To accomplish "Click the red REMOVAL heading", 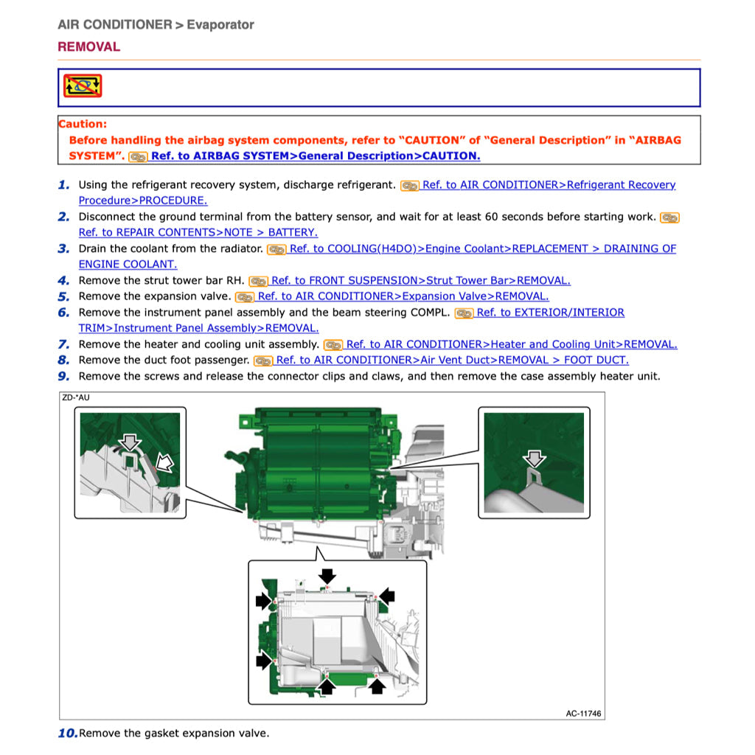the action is (88, 46).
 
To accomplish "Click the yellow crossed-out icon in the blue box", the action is (83, 86).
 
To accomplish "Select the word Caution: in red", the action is (83, 124).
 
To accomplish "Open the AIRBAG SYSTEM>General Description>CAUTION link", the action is (316, 156).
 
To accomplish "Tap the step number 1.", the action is (63, 185).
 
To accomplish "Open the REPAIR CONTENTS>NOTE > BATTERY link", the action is (198, 232).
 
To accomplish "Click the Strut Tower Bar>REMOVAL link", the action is (420, 280).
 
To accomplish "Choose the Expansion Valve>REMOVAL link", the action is (403, 296).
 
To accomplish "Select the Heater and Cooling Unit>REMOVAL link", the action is (512, 344).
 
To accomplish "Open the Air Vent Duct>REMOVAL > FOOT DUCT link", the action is (452, 360).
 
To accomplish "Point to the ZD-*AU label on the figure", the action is (76, 397).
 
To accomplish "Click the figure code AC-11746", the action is (584, 714).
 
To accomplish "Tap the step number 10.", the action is (67, 734).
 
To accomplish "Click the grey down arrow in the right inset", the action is (535, 459).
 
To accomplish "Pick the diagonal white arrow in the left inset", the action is (164, 462).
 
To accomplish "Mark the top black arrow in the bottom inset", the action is (327, 575).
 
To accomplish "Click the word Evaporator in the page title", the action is (220, 24).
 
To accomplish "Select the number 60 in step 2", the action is (491, 217).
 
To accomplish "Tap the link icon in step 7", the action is (333, 345).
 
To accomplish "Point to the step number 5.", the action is (63, 296).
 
